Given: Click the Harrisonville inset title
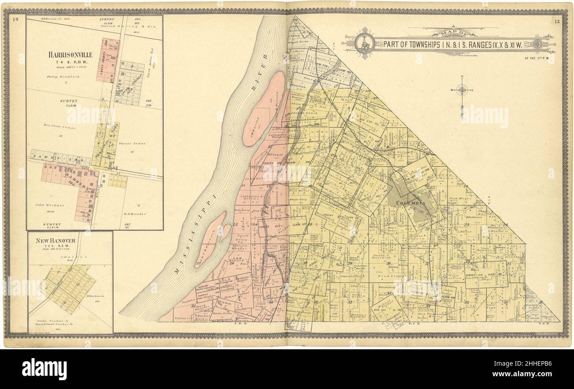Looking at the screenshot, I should point(71,55).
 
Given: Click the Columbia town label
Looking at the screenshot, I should point(411,203).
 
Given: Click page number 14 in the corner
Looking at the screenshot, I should point(16,19).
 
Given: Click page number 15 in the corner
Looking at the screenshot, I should point(557,20).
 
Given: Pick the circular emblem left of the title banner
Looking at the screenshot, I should point(365,44).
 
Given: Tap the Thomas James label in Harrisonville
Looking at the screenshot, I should point(133,143).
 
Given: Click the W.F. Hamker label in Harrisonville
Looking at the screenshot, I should point(135,214).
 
